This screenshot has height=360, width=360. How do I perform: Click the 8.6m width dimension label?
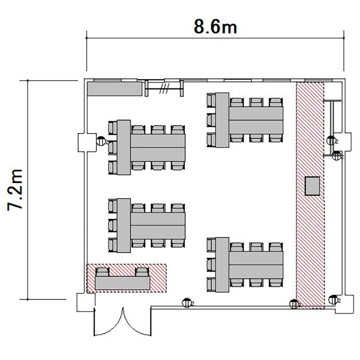216,26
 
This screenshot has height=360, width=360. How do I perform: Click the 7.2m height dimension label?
15,190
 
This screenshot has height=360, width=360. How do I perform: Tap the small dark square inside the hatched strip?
312,186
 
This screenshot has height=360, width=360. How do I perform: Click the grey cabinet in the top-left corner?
115,89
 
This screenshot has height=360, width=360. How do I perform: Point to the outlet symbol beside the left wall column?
101,141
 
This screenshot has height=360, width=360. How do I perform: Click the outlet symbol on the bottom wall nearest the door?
187,303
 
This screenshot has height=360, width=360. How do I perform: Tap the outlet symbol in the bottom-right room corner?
334,300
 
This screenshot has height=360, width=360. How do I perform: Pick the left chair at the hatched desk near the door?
102,272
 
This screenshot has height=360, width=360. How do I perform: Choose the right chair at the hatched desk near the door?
142,272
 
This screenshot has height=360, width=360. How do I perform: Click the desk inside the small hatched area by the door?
122,283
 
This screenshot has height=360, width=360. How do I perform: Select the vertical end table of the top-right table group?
222,120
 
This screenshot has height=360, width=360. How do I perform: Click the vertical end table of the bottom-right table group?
222,264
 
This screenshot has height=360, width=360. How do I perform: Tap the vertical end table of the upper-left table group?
124,147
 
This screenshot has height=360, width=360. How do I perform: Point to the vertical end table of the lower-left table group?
124,226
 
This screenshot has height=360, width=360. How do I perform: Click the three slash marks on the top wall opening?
164,88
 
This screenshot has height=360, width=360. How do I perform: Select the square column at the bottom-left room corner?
85,302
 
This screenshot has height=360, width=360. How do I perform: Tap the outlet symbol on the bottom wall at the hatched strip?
294,304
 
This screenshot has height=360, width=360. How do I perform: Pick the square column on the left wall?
87,143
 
